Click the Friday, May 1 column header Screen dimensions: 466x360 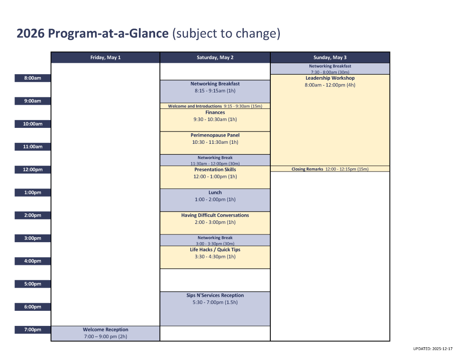106,57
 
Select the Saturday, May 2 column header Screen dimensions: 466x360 215,57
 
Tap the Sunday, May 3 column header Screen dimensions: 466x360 330,57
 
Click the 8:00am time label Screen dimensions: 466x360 33,78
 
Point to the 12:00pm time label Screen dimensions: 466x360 33,169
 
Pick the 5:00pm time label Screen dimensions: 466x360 33,284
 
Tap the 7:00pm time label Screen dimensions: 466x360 33,330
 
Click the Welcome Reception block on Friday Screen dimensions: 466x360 106,333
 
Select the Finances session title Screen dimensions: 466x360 215,112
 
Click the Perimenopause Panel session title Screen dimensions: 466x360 215,135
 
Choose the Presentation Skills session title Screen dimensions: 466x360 215,169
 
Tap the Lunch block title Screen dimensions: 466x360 215,193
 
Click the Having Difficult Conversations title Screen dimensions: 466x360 215,215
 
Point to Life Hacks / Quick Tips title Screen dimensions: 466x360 215,250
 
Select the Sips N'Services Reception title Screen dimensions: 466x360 215,295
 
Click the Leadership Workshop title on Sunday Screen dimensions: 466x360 330,78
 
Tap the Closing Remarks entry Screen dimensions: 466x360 330,169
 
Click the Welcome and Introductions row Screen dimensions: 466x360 215,106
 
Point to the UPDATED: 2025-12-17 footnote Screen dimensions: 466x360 433,349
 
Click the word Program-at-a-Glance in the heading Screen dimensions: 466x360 108,33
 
